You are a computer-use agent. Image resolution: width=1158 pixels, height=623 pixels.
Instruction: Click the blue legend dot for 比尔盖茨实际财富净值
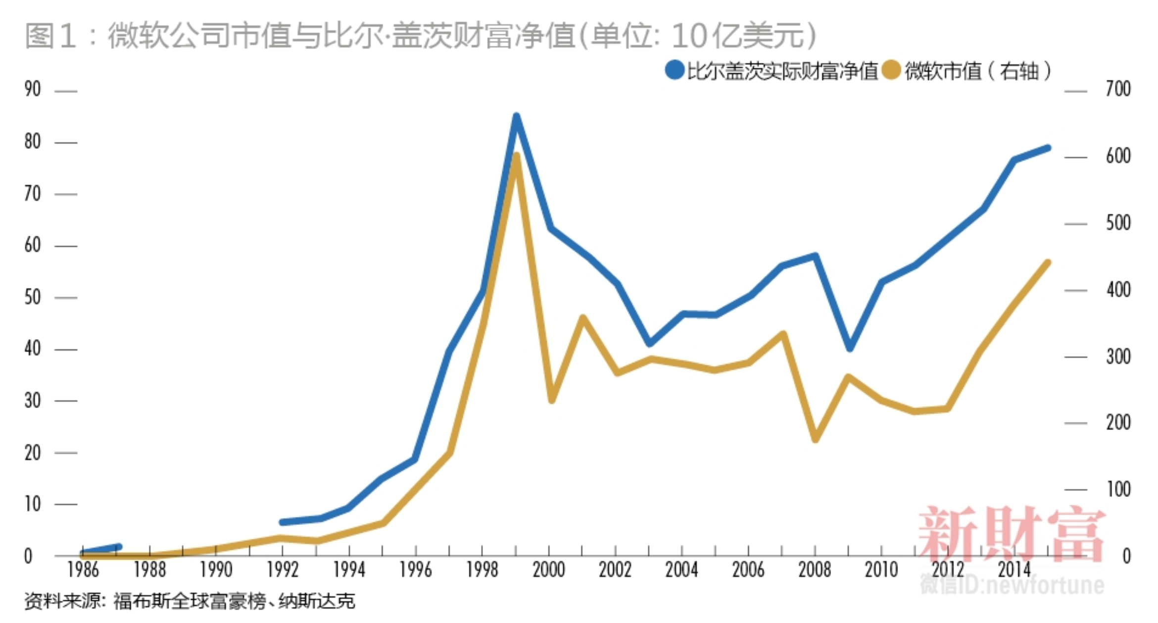click(674, 70)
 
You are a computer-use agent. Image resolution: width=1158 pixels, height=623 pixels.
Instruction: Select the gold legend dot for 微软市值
click(891, 70)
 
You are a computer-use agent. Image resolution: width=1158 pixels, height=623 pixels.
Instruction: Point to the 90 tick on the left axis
click(33, 90)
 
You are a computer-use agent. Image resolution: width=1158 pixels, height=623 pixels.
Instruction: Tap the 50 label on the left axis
click(33, 297)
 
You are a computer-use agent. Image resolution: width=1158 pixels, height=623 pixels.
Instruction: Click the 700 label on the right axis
click(1118, 90)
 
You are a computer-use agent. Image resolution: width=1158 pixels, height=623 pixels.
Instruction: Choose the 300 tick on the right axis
click(1118, 357)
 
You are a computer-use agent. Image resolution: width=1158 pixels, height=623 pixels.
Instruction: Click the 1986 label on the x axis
click(83, 570)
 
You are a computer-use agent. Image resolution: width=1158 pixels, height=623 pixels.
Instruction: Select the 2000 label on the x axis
click(549, 570)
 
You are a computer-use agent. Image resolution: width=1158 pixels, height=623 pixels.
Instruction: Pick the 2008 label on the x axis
click(815, 570)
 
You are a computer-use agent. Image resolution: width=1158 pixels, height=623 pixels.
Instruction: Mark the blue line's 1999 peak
click(516, 117)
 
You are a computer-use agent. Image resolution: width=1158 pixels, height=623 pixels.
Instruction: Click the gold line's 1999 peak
click(516, 156)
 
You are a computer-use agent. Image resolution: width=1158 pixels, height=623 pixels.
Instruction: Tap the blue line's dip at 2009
click(850, 348)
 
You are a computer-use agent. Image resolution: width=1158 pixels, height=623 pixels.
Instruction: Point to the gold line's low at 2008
click(816, 439)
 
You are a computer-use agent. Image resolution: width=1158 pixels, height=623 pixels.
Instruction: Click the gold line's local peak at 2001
click(582, 318)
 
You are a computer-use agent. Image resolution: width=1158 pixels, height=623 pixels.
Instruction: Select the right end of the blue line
click(1047, 148)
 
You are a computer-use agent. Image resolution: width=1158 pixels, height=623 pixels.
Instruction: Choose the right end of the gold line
click(1047, 263)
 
